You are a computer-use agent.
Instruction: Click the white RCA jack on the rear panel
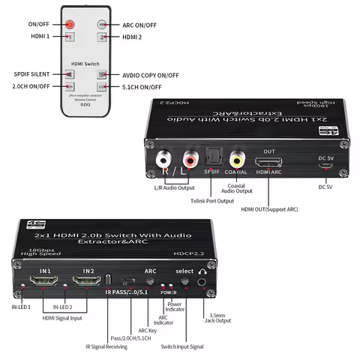(163, 159)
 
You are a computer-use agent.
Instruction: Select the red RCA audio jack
(187, 159)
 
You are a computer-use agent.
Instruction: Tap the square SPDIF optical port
(212, 158)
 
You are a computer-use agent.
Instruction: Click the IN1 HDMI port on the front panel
(44, 283)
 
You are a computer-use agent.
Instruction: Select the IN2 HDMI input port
(88, 283)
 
